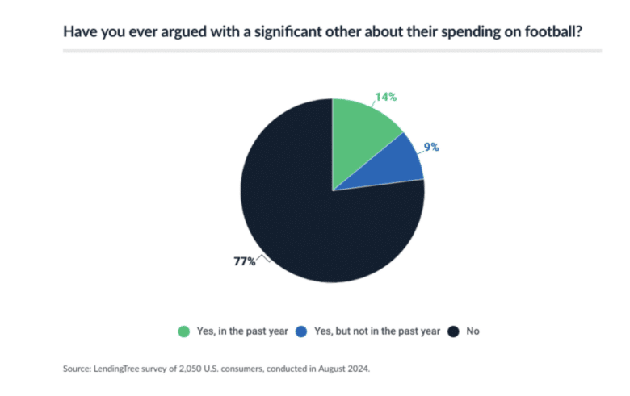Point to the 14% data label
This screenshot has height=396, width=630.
[385, 97]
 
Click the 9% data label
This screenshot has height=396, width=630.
[432, 147]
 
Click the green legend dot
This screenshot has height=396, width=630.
[183, 331]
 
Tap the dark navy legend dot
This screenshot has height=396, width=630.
[454, 331]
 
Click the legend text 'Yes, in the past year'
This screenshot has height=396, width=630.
[239, 331]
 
